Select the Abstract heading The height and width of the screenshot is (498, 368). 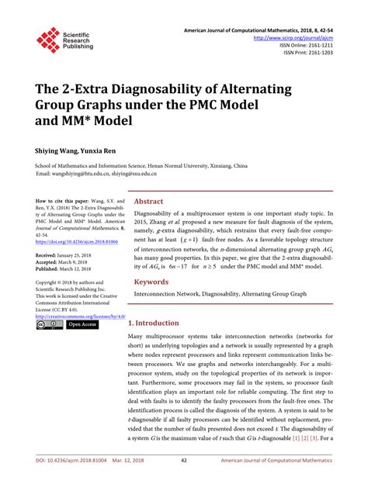(x=149, y=200)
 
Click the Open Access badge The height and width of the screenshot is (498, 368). (x=82, y=325)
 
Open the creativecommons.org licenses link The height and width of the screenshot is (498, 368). (x=80, y=316)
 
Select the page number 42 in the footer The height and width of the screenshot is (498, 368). (x=183, y=482)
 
